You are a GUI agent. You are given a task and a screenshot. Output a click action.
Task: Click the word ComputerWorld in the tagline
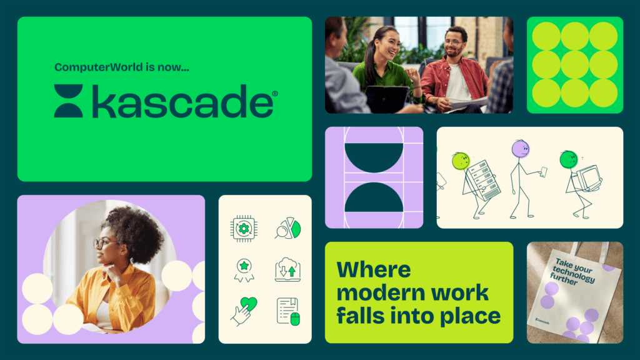[x=99, y=67]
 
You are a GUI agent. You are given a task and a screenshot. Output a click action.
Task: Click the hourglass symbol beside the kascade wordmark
[x=69, y=101]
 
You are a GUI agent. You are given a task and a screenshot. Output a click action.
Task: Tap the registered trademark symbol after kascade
[x=275, y=94]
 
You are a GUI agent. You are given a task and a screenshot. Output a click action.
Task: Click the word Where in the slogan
[x=374, y=270]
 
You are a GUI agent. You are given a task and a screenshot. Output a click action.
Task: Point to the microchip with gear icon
[x=244, y=229]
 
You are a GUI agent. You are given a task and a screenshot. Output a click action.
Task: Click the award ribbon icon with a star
[x=244, y=270]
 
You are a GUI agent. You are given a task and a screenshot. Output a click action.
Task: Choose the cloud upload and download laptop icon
[x=287, y=269]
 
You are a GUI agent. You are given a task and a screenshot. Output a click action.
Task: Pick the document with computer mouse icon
[x=288, y=311]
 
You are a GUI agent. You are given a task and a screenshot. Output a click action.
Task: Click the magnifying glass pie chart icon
[x=287, y=228]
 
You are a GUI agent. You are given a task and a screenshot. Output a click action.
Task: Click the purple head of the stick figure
[x=521, y=149]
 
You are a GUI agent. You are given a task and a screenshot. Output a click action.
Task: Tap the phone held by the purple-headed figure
[x=543, y=172]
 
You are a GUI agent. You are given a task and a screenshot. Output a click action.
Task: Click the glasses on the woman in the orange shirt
[x=102, y=243]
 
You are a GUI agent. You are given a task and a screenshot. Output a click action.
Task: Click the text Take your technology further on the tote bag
[x=573, y=271]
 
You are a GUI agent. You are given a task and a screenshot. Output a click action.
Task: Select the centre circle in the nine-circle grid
[x=575, y=65]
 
